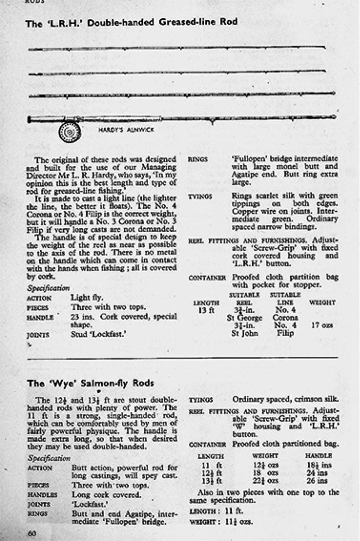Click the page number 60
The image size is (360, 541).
click(32, 533)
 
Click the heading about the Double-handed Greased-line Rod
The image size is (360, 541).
click(131, 22)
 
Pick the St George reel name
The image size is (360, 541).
click(244, 317)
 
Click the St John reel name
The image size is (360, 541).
click(244, 333)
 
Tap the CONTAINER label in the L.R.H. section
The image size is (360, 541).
click(207, 278)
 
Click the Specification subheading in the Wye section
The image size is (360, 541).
click(49, 458)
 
